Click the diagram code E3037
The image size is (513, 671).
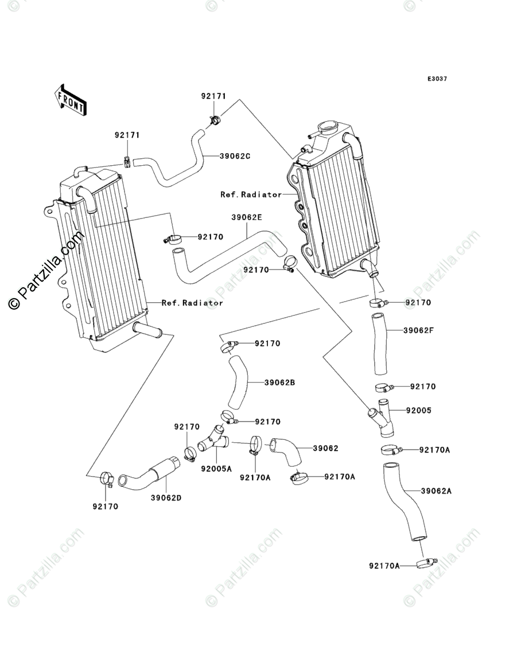click(437, 79)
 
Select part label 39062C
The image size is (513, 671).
click(235, 156)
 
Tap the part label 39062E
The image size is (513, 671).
click(247, 217)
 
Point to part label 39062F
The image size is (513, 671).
click(418, 330)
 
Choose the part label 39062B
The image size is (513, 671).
click(279, 383)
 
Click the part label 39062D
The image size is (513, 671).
click(166, 498)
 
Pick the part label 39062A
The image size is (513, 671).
click(436, 491)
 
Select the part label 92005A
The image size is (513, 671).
click(216, 469)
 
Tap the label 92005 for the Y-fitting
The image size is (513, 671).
click(419, 411)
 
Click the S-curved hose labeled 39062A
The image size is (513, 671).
click(405, 503)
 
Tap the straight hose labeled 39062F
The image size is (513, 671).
click(380, 344)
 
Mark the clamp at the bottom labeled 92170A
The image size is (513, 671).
click(425, 563)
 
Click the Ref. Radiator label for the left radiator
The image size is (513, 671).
click(192, 303)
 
